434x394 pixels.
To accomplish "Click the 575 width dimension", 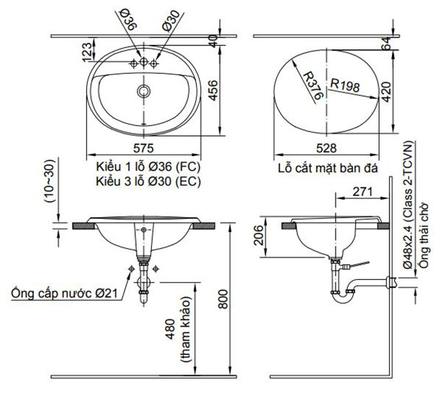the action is [x=143, y=148].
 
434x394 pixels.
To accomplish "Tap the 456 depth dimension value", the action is [x=213, y=90].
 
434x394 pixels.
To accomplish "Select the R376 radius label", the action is [x=313, y=86].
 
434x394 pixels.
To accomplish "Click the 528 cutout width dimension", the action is [x=326, y=148].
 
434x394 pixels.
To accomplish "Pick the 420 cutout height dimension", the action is [x=386, y=92].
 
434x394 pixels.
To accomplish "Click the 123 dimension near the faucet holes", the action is [x=86, y=52].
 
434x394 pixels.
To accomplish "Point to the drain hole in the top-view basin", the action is [x=144, y=91].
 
